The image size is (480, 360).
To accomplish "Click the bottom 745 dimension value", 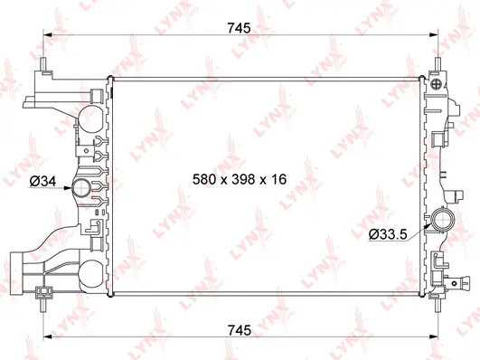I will click(240, 328).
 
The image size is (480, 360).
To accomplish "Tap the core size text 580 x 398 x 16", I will click(240, 180).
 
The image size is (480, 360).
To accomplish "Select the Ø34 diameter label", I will click(42, 181).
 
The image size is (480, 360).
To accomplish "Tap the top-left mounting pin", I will click(42, 66).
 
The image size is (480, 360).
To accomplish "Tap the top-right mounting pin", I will click(439, 66).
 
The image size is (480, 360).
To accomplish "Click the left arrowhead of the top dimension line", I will click(48, 38).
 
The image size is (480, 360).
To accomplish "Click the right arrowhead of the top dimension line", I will click(435, 38).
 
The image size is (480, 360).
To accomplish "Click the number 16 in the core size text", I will click(278, 180).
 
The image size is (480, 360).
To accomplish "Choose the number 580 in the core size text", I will click(205, 180).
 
